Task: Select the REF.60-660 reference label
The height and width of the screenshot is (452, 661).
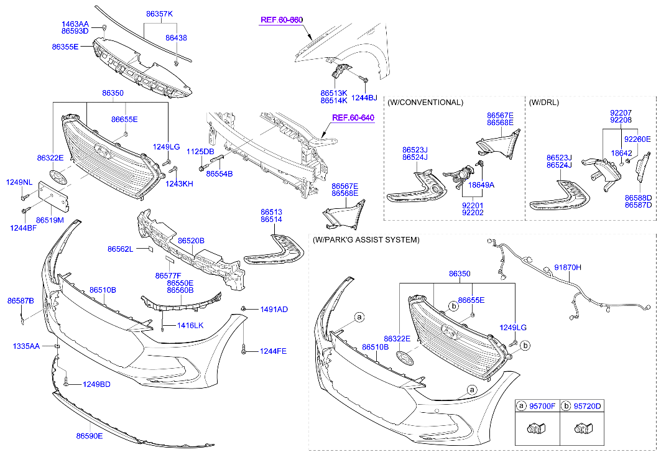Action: pyautogui.click(x=281, y=20)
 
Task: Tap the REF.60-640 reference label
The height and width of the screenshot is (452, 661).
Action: pyautogui.click(x=353, y=118)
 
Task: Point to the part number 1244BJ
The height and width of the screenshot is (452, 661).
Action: pyautogui.click(x=364, y=98)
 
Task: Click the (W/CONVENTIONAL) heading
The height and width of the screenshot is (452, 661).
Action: pyautogui.click(x=425, y=102)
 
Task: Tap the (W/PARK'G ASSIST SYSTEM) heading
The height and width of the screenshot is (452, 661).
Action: pyautogui.click(x=366, y=239)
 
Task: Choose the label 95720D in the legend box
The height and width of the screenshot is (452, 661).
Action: pyautogui.click(x=588, y=406)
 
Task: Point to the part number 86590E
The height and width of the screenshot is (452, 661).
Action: pyautogui.click(x=90, y=436)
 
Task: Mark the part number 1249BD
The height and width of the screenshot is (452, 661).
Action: pyautogui.click(x=96, y=384)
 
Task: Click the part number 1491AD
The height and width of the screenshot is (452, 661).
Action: pyautogui.click(x=274, y=309)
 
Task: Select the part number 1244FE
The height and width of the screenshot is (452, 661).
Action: pyautogui.click(x=273, y=351)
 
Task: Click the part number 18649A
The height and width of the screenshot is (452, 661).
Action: pyautogui.click(x=481, y=185)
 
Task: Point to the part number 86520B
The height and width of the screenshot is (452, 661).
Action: pyautogui.click(x=191, y=240)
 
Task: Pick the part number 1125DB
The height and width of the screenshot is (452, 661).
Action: pyautogui.click(x=200, y=152)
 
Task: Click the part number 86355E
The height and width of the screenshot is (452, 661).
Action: pyautogui.click(x=65, y=47)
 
